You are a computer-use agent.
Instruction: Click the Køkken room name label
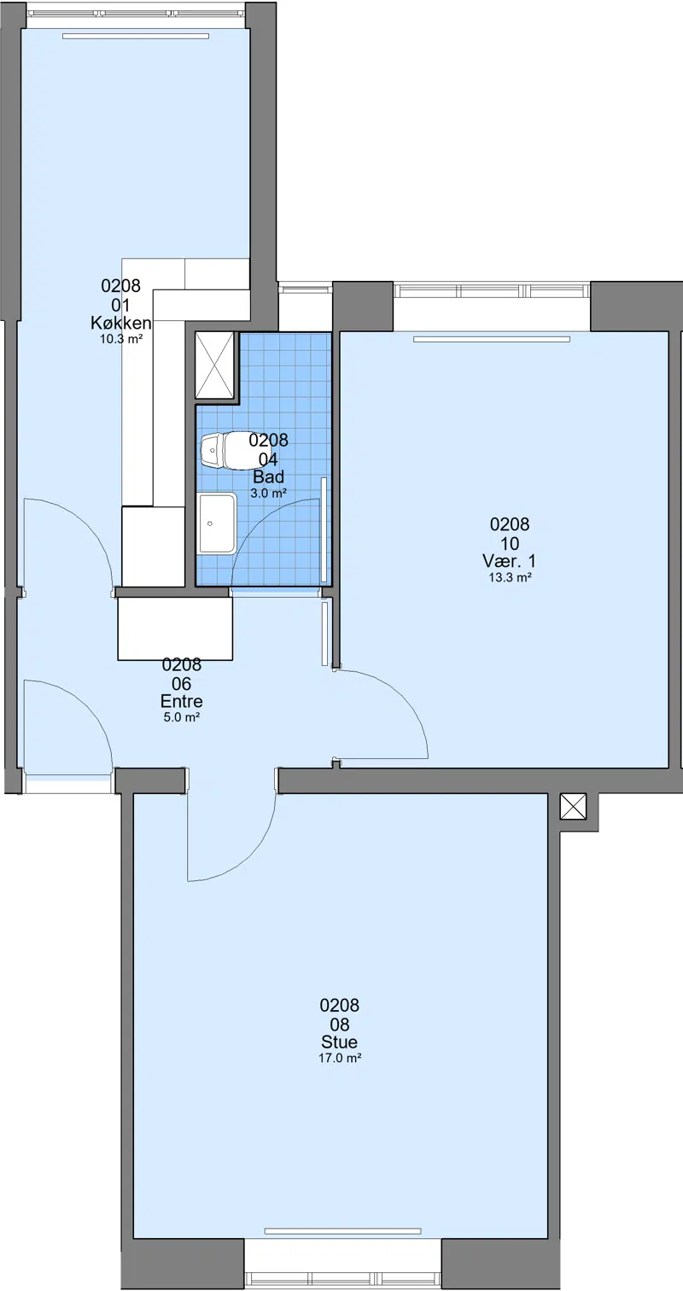[121, 323]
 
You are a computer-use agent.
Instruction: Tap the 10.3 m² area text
[121, 339]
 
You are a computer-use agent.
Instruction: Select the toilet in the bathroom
[225, 450]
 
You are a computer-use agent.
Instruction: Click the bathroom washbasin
[217, 523]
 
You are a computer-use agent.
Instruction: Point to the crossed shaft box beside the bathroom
[215, 365]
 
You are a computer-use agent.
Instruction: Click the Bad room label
[269, 477]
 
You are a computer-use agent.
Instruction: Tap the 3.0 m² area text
[269, 494]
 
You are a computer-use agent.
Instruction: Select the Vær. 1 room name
[510, 561]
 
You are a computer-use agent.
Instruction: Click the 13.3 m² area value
[510, 577]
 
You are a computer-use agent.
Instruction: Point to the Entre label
[182, 701]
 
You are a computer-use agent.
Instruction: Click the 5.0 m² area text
[182, 717]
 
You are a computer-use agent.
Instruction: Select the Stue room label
[340, 1042]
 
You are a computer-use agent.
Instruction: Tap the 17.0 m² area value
[340, 1058]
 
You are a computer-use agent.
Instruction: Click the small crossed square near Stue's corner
[573, 806]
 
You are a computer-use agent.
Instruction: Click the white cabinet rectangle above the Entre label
[175, 628]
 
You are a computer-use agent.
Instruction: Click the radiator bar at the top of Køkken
[136, 36]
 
